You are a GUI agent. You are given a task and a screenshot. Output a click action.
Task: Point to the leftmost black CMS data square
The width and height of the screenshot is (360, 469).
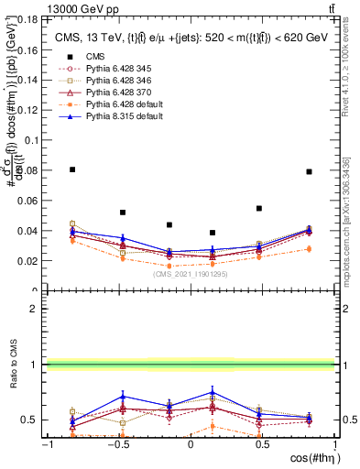pyautogui.click(x=73, y=169)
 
